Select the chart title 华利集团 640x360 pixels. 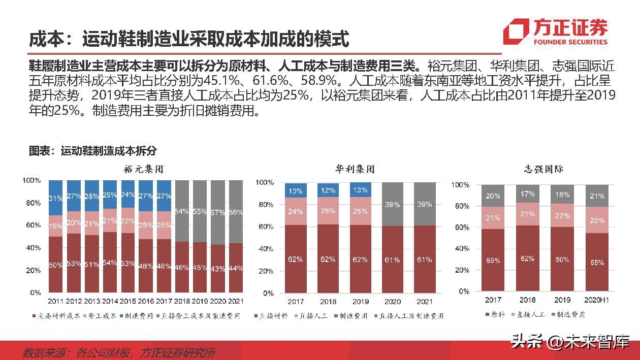point(355,169)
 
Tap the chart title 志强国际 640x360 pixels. point(543,169)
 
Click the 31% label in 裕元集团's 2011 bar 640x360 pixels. point(55,198)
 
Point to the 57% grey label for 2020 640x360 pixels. point(217,212)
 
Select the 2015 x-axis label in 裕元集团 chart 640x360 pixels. point(127,301)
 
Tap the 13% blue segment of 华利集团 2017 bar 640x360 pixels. point(296,191)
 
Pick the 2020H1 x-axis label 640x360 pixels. point(596,300)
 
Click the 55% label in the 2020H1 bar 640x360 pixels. point(597,263)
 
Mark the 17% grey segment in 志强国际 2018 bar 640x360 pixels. point(527,194)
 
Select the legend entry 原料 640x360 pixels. point(495,315)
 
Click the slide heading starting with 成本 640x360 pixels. point(188,39)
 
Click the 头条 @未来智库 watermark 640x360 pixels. point(569,341)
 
